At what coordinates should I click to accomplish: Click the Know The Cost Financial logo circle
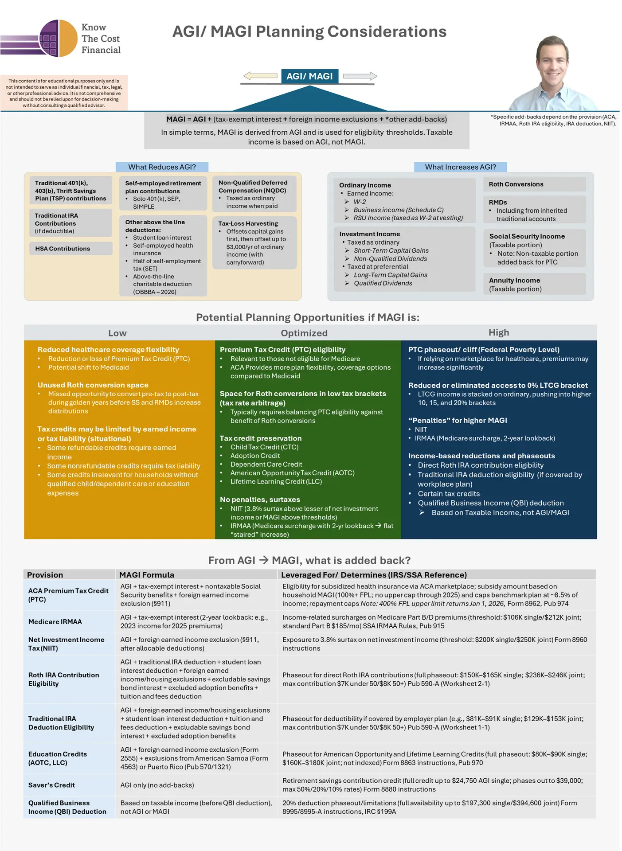[58, 38]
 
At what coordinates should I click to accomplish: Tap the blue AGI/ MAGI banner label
[309, 76]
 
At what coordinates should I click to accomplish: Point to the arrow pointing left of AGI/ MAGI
[261, 76]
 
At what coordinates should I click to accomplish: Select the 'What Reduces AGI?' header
[162, 167]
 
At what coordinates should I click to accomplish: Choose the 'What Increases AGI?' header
[460, 167]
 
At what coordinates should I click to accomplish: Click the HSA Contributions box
[63, 249]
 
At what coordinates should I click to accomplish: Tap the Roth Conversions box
[516, 184]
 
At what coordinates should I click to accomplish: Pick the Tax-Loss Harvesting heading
[248, 224]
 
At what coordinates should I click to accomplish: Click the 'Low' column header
[117, 333]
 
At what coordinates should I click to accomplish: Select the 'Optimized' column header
[304, 333]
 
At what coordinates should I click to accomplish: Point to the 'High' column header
[499, 332]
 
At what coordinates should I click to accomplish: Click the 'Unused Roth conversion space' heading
[93, 385]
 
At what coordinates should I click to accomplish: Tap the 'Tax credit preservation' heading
[261, 438]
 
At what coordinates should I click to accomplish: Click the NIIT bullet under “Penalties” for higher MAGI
[421, 429]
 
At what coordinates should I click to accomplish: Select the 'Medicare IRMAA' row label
[55, 622]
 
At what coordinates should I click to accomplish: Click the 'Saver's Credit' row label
[51, 785]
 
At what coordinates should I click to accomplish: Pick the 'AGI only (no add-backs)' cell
[157, 785]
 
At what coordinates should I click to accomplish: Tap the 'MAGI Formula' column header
[147, 575]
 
